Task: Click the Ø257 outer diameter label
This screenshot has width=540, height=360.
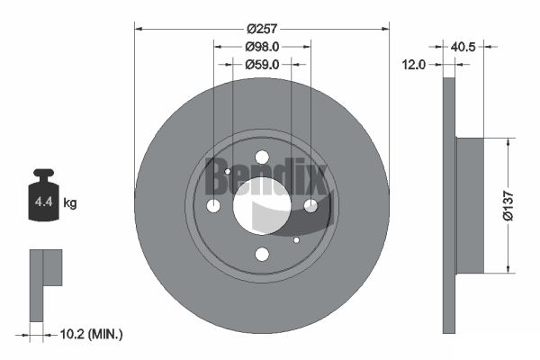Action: tap(262, 29)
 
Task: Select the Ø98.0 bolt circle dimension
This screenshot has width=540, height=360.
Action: tap(262, 47)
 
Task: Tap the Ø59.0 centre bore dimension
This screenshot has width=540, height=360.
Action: tap(262, 65)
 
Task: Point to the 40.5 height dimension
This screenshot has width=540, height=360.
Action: tap(463, 47)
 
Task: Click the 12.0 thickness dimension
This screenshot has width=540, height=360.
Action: tap(414, 65)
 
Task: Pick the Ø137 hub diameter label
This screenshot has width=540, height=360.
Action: tap(508, 205)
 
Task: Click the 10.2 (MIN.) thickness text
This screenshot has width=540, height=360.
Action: tap(91, 334)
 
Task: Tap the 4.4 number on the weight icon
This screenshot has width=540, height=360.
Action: tap(43, 202)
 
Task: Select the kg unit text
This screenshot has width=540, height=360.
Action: tap(70, 202)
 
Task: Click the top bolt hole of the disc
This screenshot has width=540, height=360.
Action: tap(262, 157)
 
